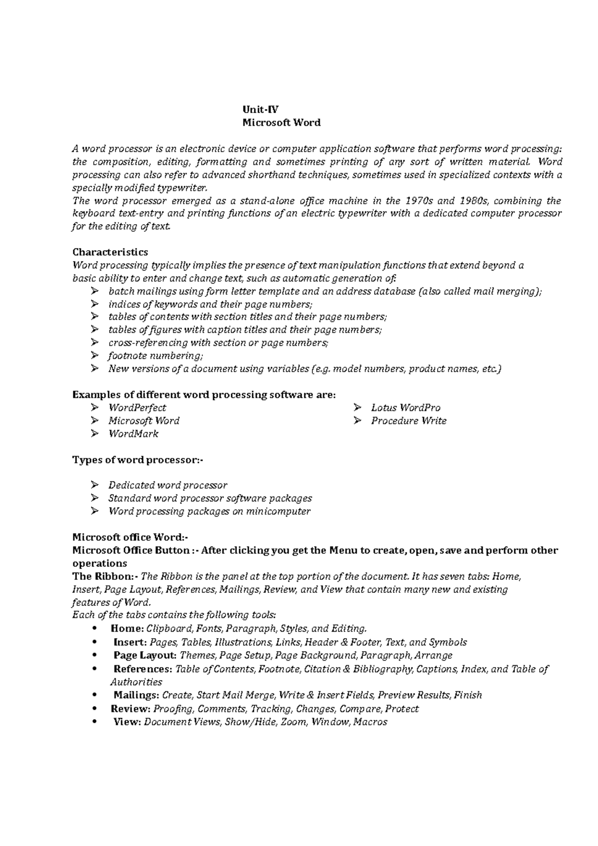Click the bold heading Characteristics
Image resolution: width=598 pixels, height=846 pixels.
click(x=110, y=252)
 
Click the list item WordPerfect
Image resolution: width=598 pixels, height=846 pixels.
click(x=137, y=408)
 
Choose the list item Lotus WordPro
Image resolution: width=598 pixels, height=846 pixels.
click(x=406, y=408)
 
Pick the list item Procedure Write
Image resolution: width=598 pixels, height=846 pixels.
click(x=409, y=421)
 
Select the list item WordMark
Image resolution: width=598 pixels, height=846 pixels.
click(x=133, y=433)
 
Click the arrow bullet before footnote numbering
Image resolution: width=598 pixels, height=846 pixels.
click(x=95, y=356)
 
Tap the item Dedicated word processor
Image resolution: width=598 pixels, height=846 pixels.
click(x=167, y=485)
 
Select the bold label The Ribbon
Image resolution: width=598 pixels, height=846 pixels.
click(x=104, y=576)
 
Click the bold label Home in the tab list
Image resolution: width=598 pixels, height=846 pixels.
click(x=127, y=628)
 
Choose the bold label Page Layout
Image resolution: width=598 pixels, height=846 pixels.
click(x=145, y=655)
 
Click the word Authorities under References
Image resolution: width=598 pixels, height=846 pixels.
click(x=136, y=682)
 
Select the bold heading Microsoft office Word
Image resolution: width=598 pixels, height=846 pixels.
click(x=131, y=537)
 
